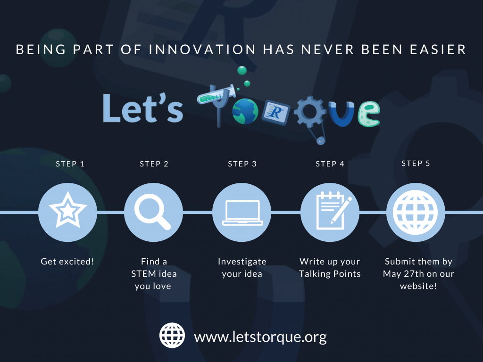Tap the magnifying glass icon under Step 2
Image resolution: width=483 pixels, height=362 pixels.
152,212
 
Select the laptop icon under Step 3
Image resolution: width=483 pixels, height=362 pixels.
242,213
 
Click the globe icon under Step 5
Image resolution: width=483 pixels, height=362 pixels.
415,212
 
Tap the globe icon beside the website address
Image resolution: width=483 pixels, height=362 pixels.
172,335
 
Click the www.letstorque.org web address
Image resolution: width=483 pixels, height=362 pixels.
260,337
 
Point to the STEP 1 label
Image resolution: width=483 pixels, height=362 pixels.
70,164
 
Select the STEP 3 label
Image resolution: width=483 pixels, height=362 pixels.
242,164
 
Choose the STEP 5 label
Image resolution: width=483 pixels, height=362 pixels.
416,163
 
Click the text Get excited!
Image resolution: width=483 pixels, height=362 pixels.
67,261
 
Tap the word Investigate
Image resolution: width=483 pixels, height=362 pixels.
242,262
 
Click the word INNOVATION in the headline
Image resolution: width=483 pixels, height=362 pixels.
202,49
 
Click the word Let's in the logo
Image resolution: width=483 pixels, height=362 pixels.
142,108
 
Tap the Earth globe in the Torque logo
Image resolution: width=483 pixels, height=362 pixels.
245,111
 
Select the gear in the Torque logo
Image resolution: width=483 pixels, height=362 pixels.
310,111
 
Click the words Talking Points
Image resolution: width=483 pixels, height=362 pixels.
330,274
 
